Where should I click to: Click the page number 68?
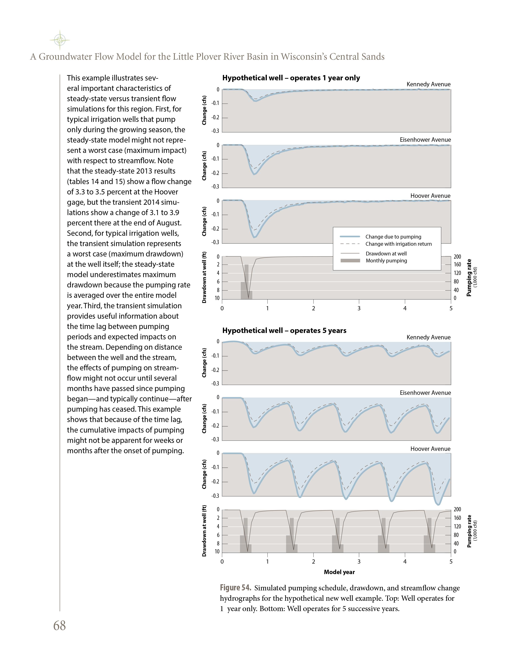coord(59,626)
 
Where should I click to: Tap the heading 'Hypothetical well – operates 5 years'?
coord(284,331)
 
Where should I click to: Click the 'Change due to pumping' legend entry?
coord(393,237)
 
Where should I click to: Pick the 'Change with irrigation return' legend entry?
coord(398,244)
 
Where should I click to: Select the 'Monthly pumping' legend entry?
coord(386,261)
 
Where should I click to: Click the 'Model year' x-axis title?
coord(339,572)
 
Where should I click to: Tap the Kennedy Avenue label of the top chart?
coord(428,84)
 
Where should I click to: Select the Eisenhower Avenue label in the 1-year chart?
coord(425,140)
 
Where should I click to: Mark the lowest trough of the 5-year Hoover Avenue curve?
coord(438,504)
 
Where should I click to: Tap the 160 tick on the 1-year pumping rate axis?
coord(457,265)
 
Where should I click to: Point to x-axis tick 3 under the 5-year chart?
coord(359,562)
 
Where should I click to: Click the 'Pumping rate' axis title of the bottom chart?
coord(469,531)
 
